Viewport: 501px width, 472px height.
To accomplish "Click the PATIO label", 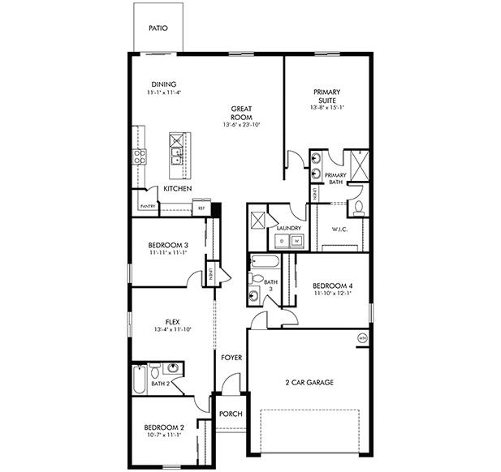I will click(158, 27).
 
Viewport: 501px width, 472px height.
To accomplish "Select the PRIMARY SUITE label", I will click(327, 97).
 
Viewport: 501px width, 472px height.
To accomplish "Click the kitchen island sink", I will click(176, 144).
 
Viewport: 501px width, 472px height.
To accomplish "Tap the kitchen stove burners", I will click(140, 156).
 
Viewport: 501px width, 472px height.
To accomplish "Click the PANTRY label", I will click(148, 206).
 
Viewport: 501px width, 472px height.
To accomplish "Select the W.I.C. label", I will click(339, 229).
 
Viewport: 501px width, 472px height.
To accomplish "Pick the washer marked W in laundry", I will click(296, 240).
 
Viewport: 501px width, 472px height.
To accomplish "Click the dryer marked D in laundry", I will click(282, 240).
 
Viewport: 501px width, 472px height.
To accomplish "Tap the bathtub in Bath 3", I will click(264, 261).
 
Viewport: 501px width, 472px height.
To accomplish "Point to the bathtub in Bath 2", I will click(139, 378).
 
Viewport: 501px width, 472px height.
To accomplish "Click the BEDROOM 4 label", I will click(333, 285).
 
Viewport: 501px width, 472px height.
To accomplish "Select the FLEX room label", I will click(172, 322).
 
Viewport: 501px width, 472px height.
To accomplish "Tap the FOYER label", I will click(231, 356).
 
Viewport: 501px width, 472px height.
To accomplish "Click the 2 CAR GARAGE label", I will click(309, 382).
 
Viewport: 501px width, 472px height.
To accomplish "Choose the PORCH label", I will click(231, 414).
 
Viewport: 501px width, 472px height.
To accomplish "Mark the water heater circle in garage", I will click(362, 337).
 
